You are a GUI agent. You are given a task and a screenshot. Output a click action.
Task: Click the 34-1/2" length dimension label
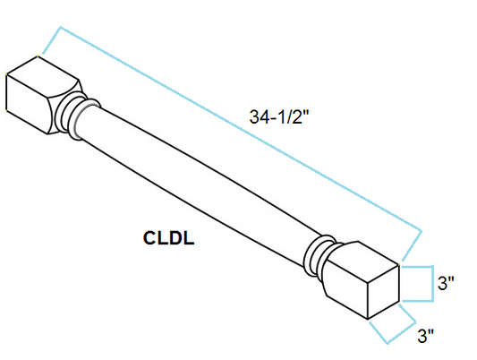point(279,116)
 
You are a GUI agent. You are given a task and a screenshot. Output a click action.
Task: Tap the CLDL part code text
point(168,238)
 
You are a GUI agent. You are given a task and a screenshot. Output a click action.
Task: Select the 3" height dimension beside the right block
point(446,283)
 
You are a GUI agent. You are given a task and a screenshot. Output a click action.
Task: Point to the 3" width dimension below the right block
point(426,336)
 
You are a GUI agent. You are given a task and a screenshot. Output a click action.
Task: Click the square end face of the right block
point(383,292)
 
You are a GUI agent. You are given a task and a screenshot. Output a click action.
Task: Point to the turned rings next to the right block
point(319,255)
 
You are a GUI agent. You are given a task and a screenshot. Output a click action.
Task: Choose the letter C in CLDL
point(149,238)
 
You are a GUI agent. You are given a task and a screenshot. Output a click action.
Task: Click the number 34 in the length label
point(259,116)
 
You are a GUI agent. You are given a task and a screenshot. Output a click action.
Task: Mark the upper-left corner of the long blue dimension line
point(61,27)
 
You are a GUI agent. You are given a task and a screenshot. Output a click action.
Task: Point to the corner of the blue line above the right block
point(422,231)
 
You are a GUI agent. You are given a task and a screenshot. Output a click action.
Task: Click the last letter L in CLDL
point(189,238)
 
